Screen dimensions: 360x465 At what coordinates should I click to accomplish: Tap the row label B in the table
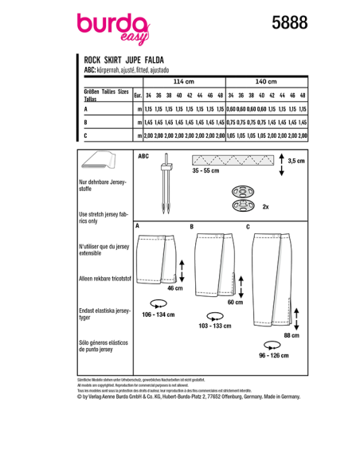[86, 123]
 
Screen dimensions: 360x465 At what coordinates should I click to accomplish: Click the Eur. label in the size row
[138, 94]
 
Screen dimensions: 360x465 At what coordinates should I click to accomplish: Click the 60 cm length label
[235, 303]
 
